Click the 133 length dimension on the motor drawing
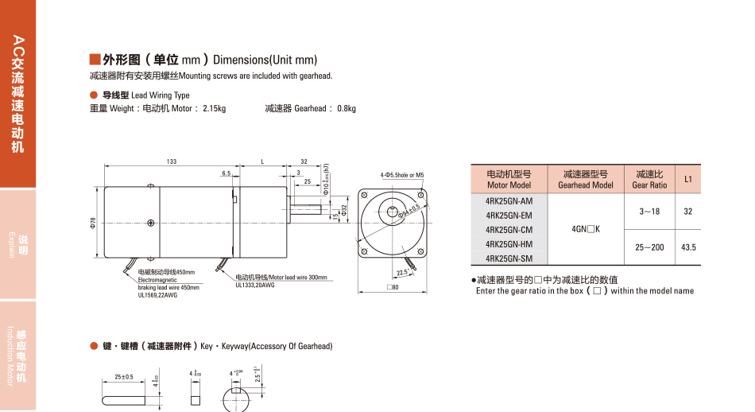172,161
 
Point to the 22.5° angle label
404,271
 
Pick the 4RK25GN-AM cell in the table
509,200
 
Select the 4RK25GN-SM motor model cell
509,258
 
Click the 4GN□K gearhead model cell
586,229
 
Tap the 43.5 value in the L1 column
688,247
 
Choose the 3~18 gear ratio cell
649,212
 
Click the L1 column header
688,179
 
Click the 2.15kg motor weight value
214,108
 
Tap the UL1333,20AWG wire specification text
255,285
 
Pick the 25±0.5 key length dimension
124,376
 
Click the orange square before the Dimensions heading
95,60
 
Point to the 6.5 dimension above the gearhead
226,173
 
